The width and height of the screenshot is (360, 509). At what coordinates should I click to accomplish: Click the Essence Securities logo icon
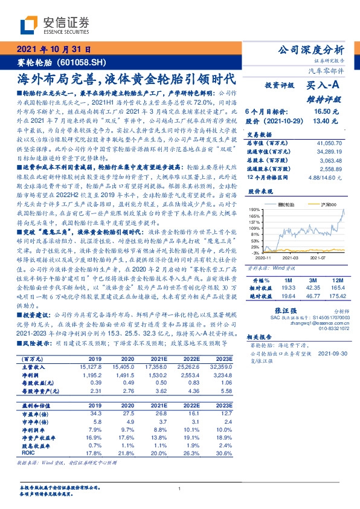click(31, 24)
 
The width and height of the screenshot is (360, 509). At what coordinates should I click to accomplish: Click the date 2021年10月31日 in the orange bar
click(52, 50)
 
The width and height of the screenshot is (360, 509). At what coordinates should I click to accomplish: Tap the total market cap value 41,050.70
click(331, 141)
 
